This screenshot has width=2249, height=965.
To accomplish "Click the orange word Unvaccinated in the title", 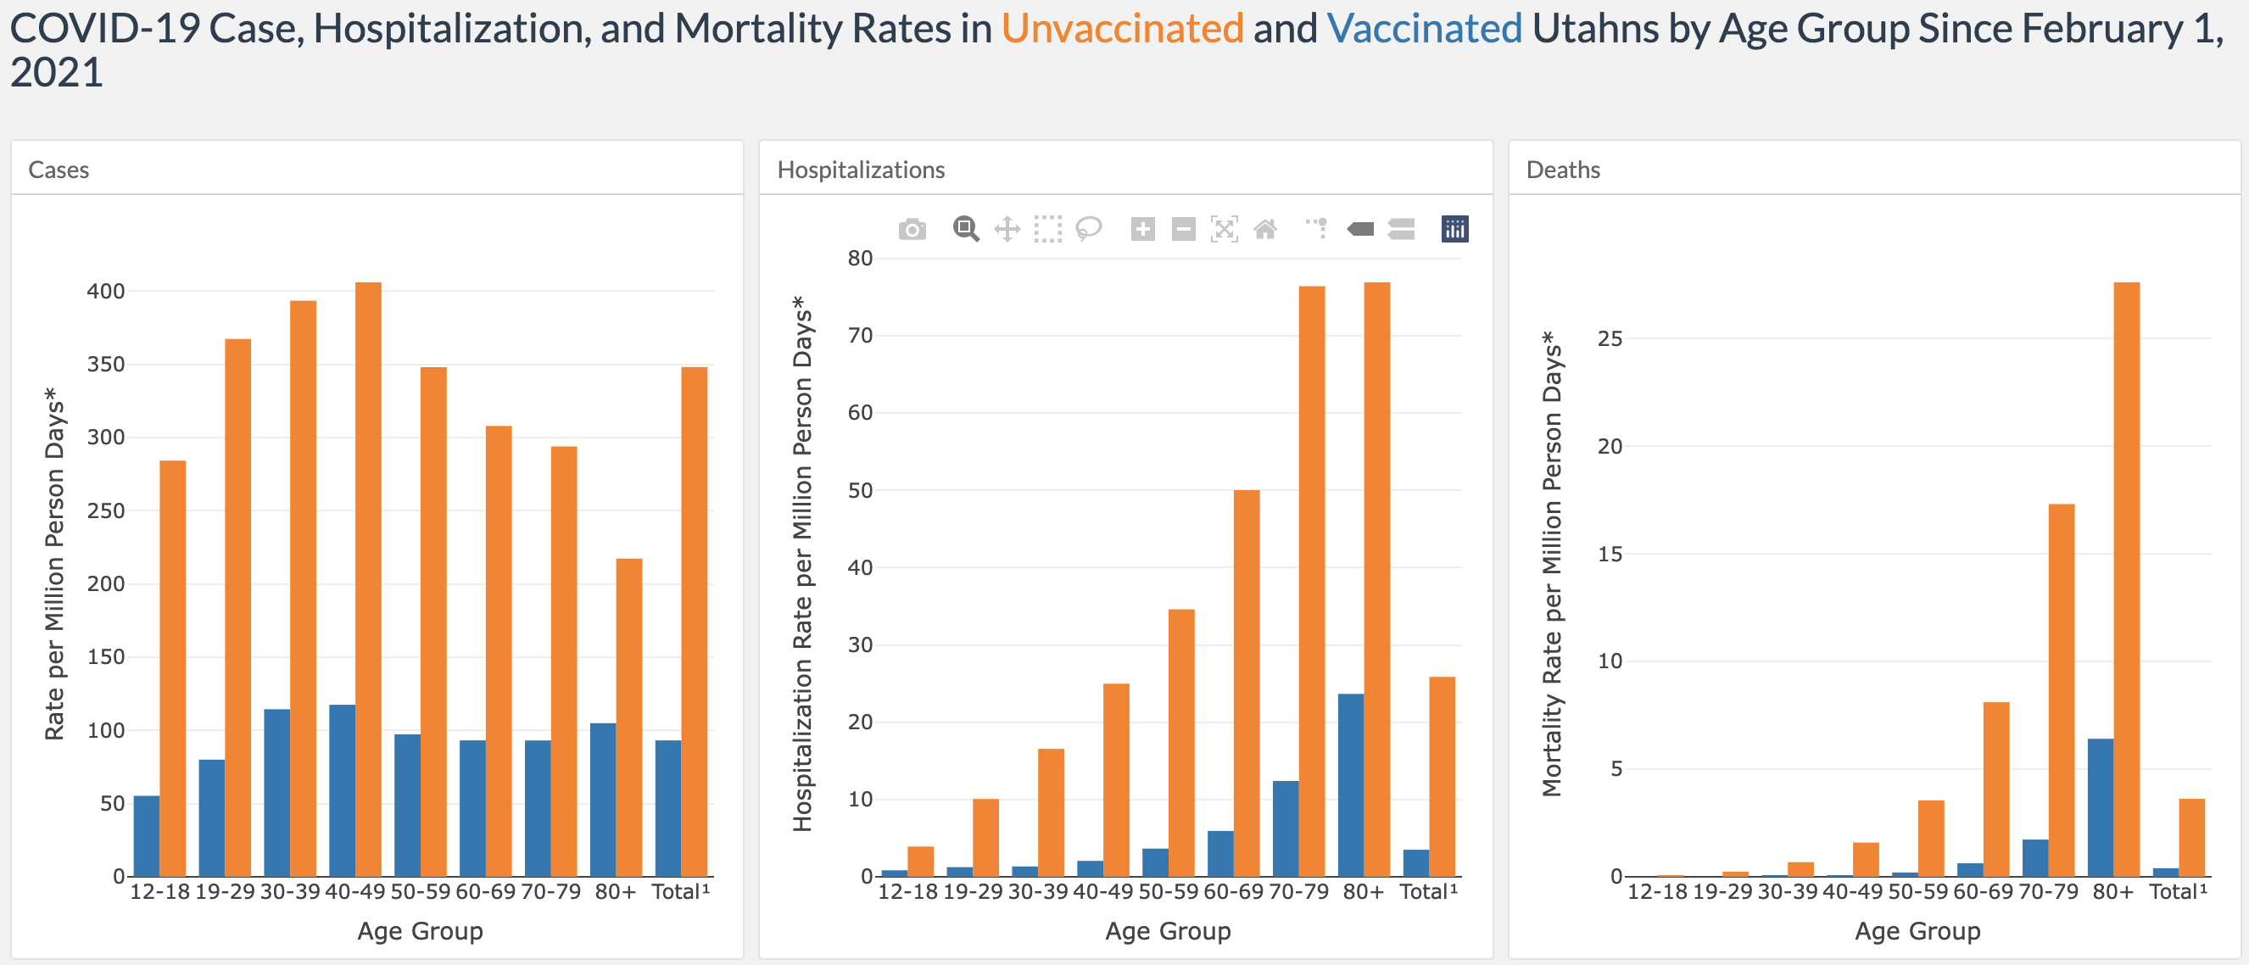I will pos(1122,29).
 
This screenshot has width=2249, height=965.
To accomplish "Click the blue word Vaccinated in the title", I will pos(1424,29).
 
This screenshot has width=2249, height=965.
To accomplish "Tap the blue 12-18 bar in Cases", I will pos(147,836).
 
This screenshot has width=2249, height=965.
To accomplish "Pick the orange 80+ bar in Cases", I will pos(628,716).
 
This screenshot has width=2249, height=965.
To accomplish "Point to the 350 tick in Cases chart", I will pos(106,364).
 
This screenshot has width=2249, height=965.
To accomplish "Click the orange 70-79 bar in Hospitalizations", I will pos(1311,581).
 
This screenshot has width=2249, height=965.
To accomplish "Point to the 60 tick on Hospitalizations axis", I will pos(860,413).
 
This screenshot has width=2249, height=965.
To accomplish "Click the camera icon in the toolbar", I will pos(912,230).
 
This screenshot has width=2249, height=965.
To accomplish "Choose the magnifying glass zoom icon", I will pos(966,230).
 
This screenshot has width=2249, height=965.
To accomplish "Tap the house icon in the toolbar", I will pos(1265,230).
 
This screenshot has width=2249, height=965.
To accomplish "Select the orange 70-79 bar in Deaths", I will pos(2062,690).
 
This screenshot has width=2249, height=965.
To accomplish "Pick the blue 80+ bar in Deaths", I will pos(2101,807).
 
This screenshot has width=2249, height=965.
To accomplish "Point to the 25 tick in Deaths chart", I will pos(1610,339).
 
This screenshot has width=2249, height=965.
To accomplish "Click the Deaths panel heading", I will pos(1563,170).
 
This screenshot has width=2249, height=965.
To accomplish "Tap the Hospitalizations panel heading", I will pos(861,170).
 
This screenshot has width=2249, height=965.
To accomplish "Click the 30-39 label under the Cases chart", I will pos(290,891).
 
